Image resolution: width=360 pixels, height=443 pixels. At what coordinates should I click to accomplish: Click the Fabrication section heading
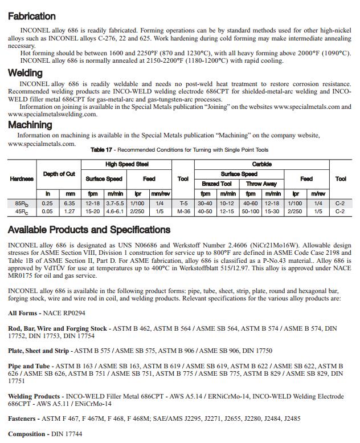[32, 17]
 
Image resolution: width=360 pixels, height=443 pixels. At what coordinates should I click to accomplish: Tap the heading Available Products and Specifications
[89, 230]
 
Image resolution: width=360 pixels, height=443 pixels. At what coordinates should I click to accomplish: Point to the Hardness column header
[22, 178]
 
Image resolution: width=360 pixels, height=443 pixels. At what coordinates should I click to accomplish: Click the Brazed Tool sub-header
[216, 184]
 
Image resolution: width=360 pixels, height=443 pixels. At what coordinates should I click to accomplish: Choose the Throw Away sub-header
[261, 184]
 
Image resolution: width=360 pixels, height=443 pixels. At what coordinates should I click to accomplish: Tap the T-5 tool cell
[183, 203]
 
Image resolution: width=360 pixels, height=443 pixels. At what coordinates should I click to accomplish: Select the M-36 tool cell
[183, 212]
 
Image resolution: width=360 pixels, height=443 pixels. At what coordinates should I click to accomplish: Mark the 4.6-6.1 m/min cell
[116, 212]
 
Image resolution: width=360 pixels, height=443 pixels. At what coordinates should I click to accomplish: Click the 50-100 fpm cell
[250, 212]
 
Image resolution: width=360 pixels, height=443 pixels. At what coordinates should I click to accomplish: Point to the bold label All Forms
[22, 313]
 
